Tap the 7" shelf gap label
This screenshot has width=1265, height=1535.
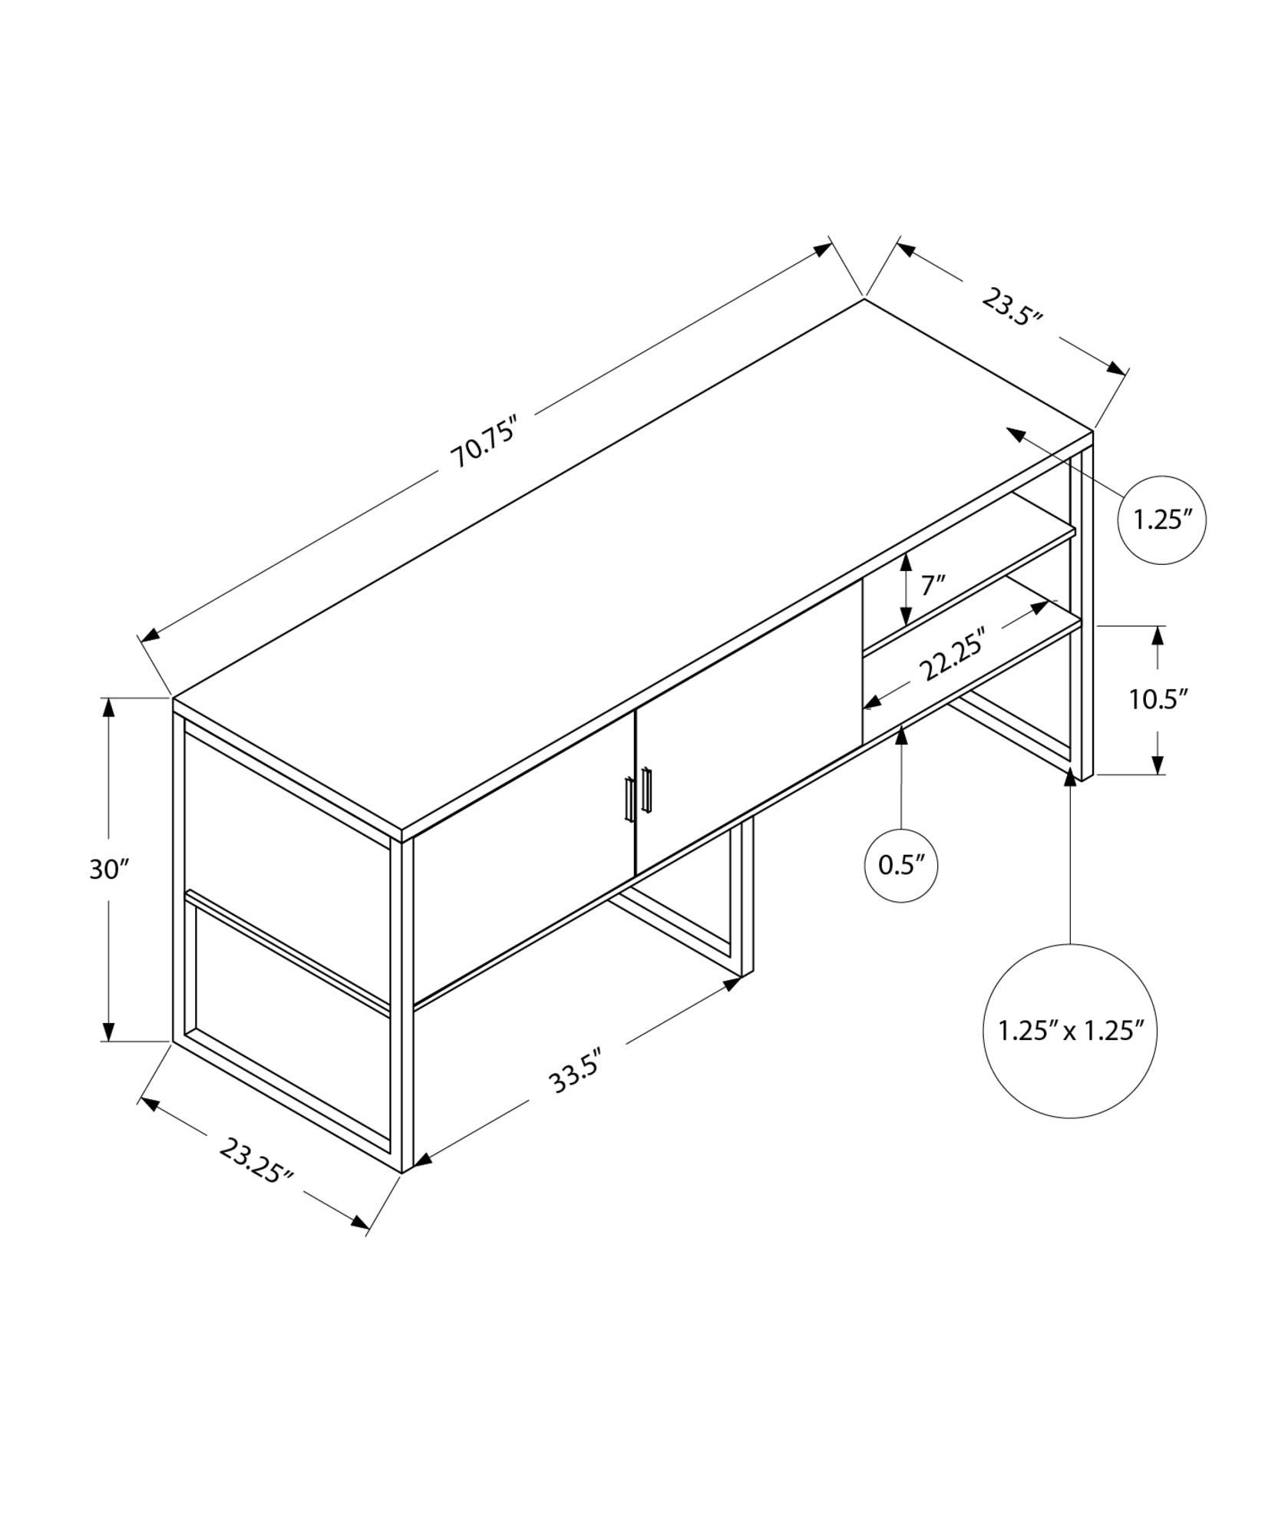click(932, 586)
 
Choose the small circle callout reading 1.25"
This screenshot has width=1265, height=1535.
click(1161, 520)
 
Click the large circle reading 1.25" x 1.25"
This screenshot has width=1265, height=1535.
click(1070, 1030)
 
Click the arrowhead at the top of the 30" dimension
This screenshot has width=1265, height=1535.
click(109, 708)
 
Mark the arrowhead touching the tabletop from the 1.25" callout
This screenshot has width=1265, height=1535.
click(1016, 434)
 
